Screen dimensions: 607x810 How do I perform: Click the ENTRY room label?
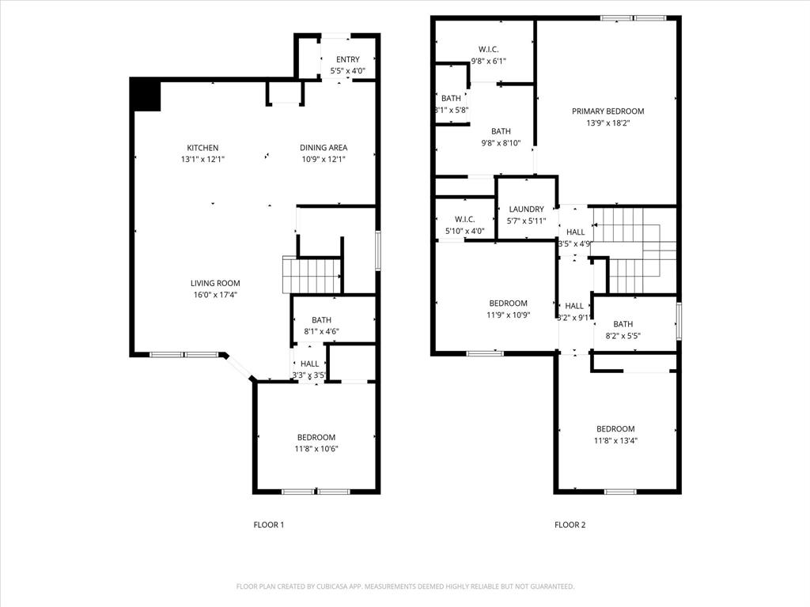(x=347, y=59)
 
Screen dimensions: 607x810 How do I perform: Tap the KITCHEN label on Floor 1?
(x=202, y=148)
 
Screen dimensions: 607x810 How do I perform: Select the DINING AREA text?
(x=323, y=148)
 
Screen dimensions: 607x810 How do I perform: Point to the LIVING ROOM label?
(x=214, y=283)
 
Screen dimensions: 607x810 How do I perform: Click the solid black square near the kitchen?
(x=147, y=95)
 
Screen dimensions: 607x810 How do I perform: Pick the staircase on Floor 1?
(x=312, y=276)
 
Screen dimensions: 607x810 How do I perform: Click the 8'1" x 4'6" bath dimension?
(x=321, y=331)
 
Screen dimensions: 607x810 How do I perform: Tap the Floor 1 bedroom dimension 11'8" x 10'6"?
(x=316, y=449)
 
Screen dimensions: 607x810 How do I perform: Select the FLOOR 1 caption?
(x=268, y=525)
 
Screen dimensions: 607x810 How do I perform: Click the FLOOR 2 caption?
(x=570, y=525)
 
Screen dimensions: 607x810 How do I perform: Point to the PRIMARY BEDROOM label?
(x=607, y=111)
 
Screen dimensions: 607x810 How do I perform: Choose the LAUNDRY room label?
(x=526, y=209)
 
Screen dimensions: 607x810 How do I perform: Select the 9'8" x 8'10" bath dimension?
(x=501, y=143)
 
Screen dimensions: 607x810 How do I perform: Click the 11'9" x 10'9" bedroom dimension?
(x=508, y=315)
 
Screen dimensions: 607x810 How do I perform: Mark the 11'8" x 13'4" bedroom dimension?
(x=615, y=441)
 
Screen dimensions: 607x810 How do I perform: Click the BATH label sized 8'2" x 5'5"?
(x=623, y=324)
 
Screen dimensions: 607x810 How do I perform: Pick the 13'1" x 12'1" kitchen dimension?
(x=202, y=159)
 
